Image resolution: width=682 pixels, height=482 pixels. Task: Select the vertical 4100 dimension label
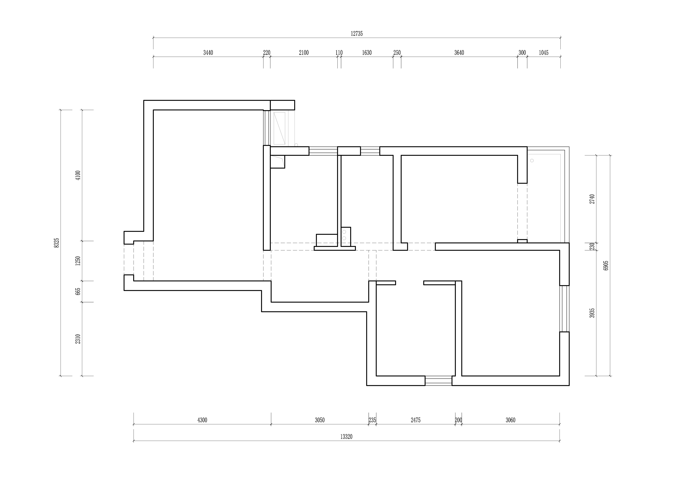[x=78, y=175]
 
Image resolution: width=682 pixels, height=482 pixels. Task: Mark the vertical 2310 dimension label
[x=78, y=339]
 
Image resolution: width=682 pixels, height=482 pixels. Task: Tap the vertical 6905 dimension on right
[x=606, y=265]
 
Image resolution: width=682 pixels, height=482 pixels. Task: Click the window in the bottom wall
[x=438, y=381]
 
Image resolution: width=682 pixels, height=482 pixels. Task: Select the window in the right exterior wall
[x=564, y=309]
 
